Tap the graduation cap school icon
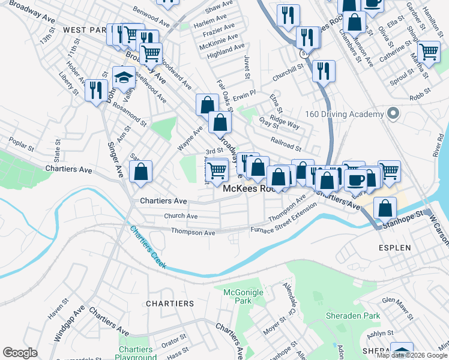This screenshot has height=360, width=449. (124, 77)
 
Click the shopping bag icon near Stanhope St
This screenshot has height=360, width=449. (385, 208)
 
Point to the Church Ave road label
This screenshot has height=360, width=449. (181, 216)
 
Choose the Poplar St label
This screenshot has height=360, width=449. (20, 142)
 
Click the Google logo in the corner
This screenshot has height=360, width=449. (20, 353)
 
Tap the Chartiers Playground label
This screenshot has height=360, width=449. (136, 353)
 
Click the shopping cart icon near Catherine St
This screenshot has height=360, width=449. (429, 52)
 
